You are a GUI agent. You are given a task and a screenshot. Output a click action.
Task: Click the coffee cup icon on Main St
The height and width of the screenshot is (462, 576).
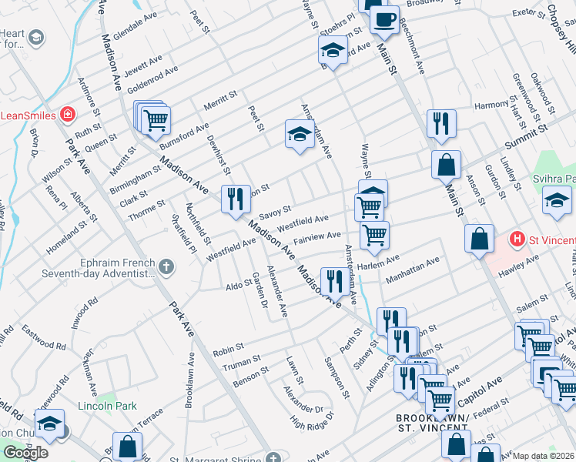tap(384, 18)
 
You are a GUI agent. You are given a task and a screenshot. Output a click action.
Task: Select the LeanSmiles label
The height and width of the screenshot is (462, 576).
tap(28, 115)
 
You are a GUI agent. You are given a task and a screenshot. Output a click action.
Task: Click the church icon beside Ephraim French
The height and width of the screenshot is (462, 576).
tap(167, 266)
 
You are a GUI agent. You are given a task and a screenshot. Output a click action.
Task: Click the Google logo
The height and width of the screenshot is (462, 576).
tap(25, 453)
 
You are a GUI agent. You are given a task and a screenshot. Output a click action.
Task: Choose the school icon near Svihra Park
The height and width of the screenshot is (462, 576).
tap(558, 200)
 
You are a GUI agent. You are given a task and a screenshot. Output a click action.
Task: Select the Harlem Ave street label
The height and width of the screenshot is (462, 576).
tap(384, 261)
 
